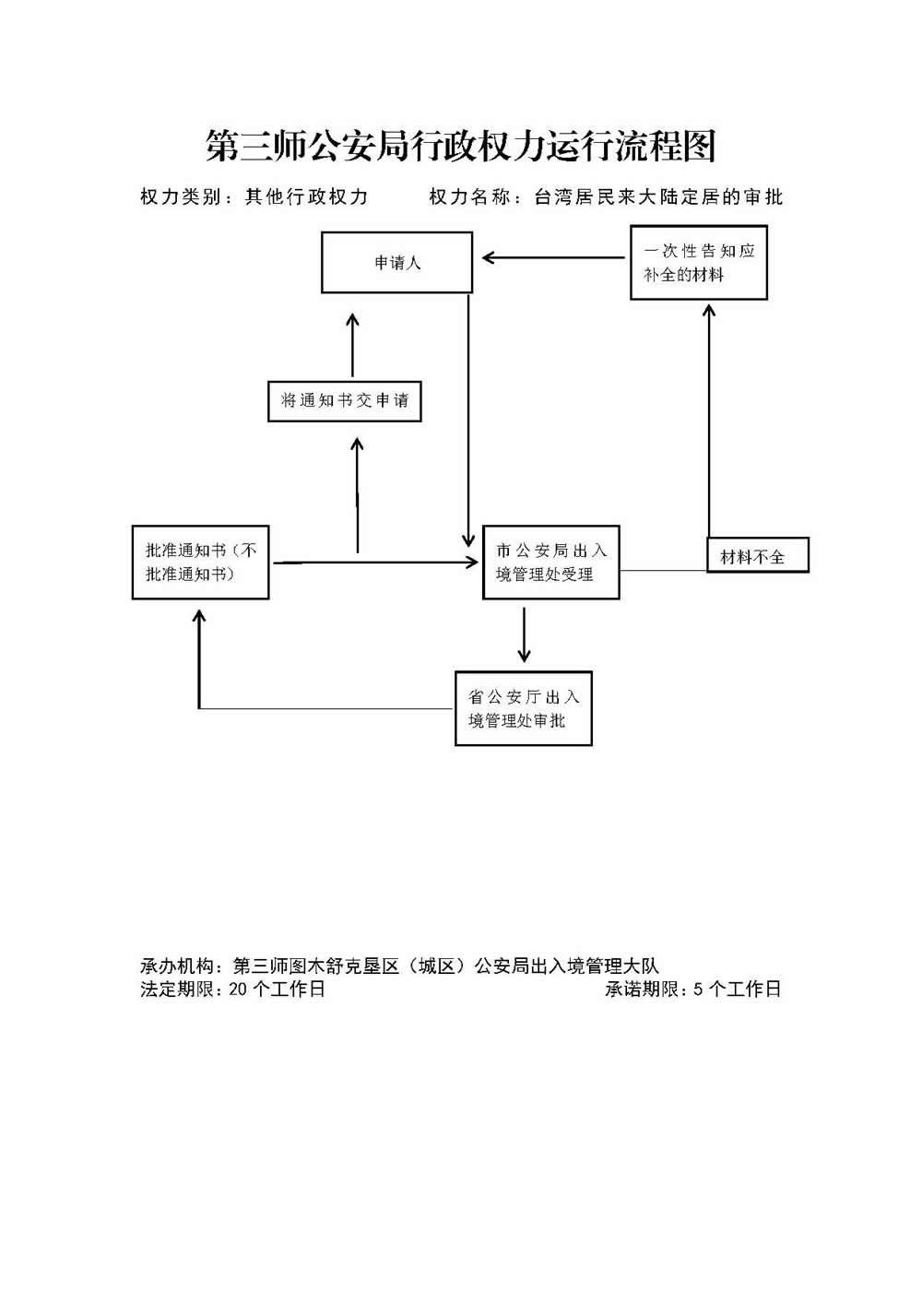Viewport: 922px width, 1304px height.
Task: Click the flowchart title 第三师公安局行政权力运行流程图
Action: tap(460, 147)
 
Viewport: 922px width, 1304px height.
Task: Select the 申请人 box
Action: tap(396, 263)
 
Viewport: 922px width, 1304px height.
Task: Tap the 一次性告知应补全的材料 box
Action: tap(699, 263)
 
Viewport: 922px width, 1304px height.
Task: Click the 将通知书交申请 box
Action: tap(344, 401)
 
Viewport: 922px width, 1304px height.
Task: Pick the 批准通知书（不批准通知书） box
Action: tap(201, 562)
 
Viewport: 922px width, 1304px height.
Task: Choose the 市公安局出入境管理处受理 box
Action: tap(551, 563)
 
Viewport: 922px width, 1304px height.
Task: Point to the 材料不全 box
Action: tap(757, 555)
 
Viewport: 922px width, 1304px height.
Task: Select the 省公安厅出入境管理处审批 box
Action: tap(523, 708)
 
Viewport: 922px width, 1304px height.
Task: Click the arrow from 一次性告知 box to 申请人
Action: tap(553, 258)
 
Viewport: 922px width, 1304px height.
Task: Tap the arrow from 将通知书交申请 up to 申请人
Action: tap(352, 346)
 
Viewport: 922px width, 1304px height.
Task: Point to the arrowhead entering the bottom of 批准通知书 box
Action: tap(199, 615)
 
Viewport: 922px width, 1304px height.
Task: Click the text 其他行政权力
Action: tap(306, 196)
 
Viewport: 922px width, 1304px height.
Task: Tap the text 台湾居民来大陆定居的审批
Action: tap(658, 196)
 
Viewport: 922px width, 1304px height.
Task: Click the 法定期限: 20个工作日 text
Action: tap(232, 990)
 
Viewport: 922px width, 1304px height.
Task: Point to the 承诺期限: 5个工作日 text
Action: tap(692, 990)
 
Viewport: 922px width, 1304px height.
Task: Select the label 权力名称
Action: tap(469, 196)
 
